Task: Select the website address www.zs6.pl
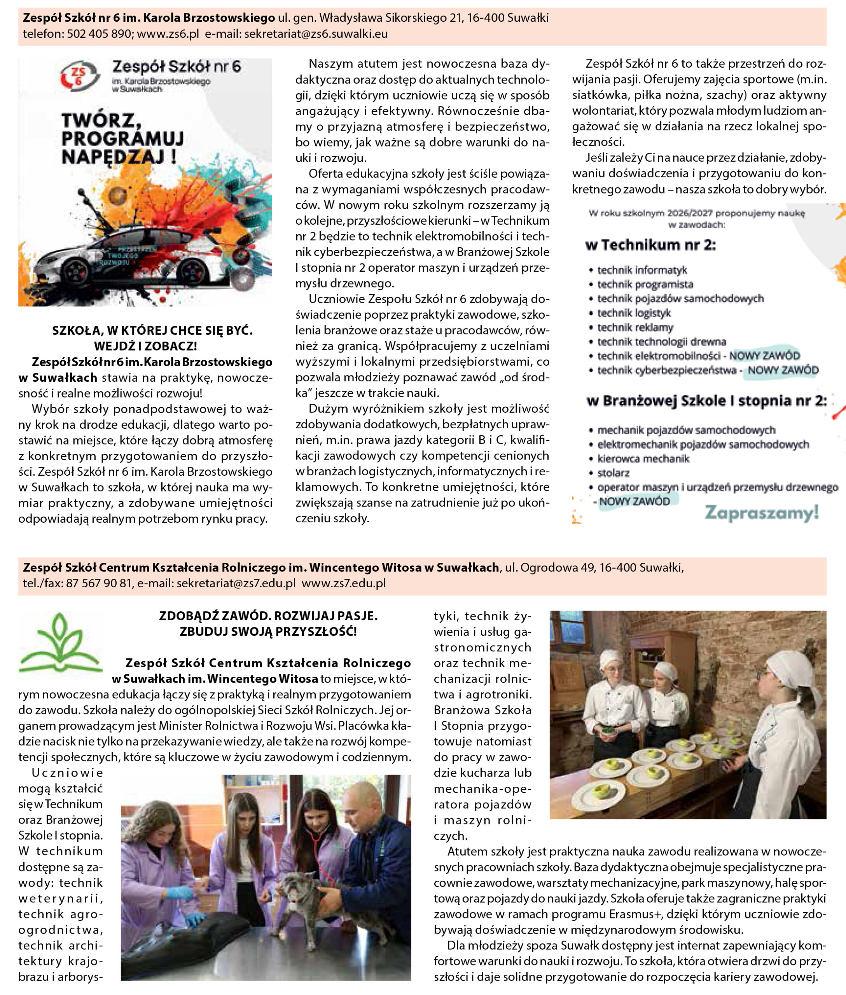(168, 34)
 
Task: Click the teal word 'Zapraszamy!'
(761, 513)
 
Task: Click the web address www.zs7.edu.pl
(343, 583)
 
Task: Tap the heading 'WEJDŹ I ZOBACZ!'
(145, 346)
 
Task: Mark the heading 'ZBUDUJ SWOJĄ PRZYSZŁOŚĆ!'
(268, 632)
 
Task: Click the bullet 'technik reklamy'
(634, 328)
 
